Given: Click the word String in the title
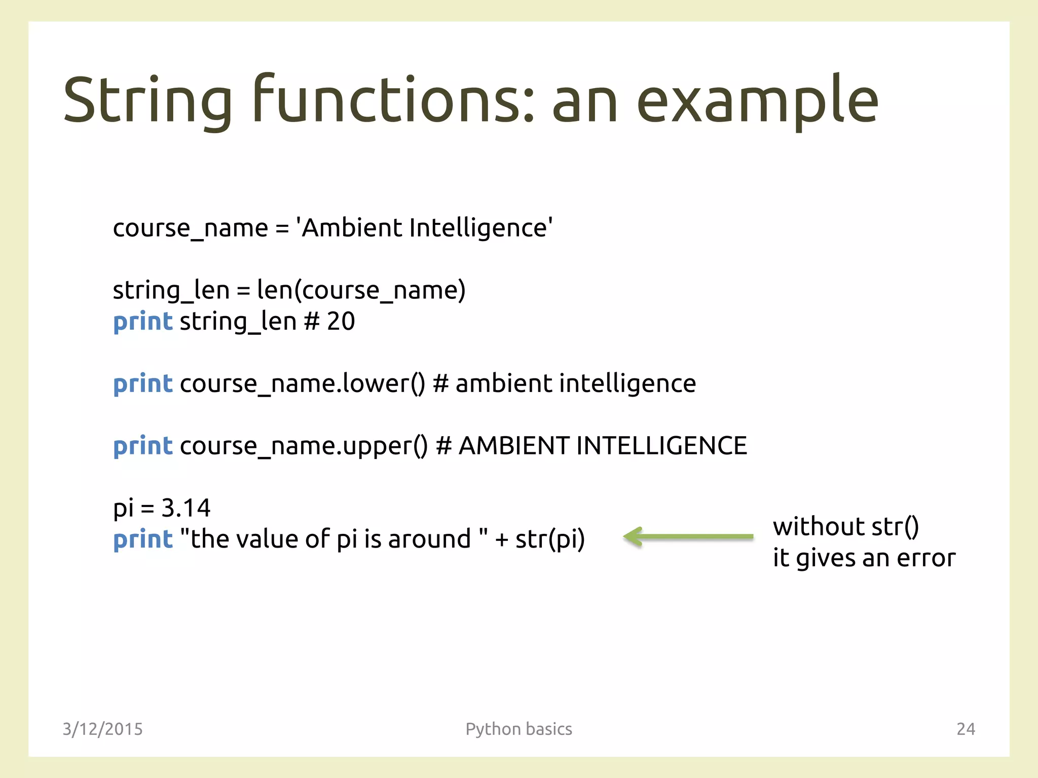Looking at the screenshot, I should [147, 100].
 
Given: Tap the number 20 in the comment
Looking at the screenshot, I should [341, 322].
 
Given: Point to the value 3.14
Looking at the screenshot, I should [186, 508].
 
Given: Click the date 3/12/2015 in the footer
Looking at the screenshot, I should [102, 729].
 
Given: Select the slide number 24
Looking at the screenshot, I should [966, 729].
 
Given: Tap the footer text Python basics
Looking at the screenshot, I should [518, 729].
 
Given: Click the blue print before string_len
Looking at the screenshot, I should [143, 322].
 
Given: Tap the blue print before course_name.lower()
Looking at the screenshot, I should [143, 384].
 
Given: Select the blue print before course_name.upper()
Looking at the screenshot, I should [143, 446].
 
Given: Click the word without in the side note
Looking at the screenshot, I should [819, 527].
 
